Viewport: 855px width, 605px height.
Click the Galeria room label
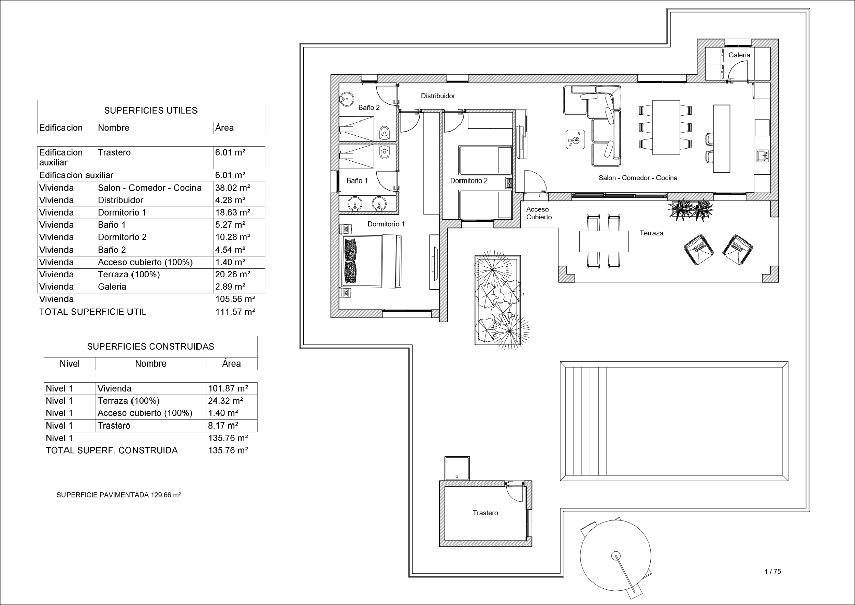click(x=739, y=55)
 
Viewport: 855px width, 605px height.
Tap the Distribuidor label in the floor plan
click(x=438, y=96)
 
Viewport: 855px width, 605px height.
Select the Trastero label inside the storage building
click(x=485, y=513)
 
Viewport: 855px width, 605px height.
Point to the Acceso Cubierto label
click(x=539, y=213)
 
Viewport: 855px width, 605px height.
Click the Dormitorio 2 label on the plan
click(x=469, y=180)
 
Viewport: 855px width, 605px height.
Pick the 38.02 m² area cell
click(x=232, y=188)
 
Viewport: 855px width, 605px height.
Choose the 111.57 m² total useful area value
click(x=235, y=312)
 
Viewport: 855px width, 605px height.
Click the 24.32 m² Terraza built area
click(x=226, y=401)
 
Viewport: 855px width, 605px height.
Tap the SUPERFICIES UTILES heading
click(x=151, y=111)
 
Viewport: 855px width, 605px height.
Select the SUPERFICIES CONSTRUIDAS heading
click(x=150, y=347)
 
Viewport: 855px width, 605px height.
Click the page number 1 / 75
click(x=773, y=571)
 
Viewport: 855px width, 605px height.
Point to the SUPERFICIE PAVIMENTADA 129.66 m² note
click(x=119, y=495)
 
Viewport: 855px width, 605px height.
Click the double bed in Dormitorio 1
click(x=370, y=261)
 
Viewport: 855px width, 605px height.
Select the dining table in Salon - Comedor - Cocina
click(x=666, y=127)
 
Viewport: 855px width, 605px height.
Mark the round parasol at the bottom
click(x=616, y=555)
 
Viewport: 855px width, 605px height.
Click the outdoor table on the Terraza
click(x=604, y=241)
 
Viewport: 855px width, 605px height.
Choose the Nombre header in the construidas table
click(x=150, y=364)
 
